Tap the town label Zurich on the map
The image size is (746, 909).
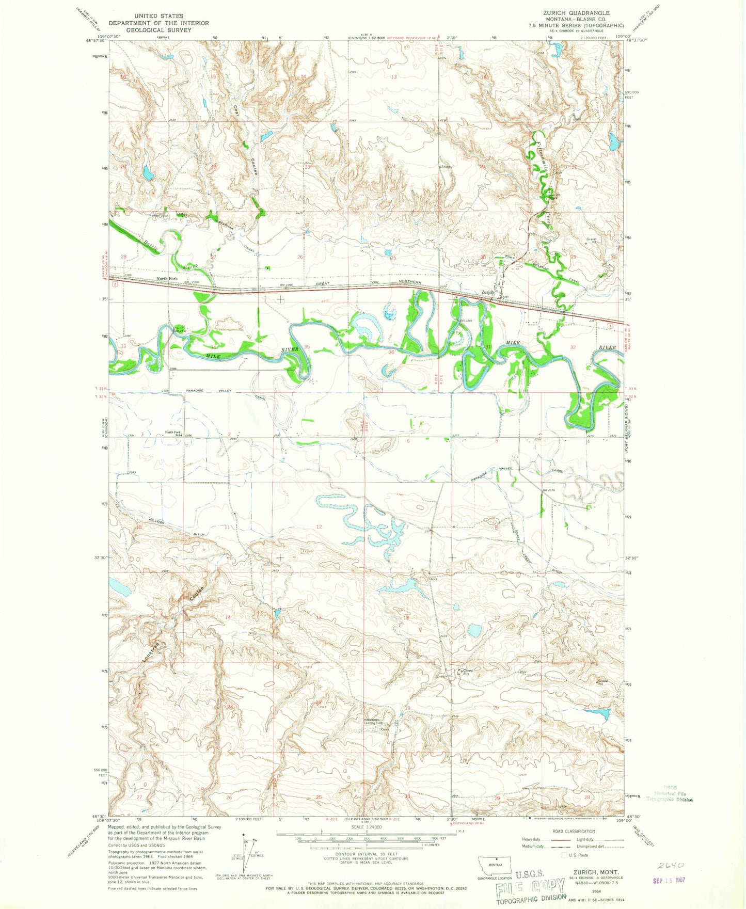(487, 293)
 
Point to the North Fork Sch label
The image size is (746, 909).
(173, 434)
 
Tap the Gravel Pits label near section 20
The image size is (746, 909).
(467, 672)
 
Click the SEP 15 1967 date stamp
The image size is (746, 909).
(669, 880)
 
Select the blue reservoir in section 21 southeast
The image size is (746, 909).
(601, 714)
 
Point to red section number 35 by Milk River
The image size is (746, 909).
(307, 347)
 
